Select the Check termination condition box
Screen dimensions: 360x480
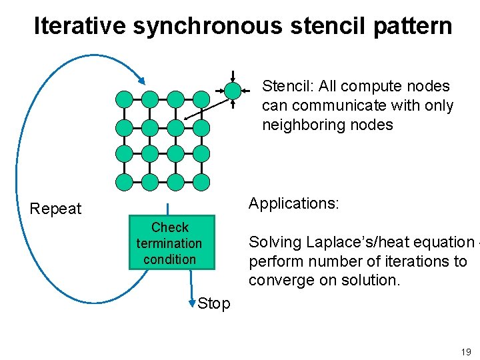(169, 243)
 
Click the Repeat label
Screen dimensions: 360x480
(55, 209)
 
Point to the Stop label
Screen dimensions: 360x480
(214, 303)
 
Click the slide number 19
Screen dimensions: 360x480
(465, 351)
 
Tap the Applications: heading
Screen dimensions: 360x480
(294, 203)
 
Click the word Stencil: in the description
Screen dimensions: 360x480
(288, 86)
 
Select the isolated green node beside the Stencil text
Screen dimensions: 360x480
(232, 90)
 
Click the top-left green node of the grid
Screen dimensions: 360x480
(124, 99)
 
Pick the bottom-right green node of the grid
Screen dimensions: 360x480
(201, 181)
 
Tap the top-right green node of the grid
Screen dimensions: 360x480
(201, 99)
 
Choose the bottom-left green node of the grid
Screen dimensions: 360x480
(124, 181)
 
